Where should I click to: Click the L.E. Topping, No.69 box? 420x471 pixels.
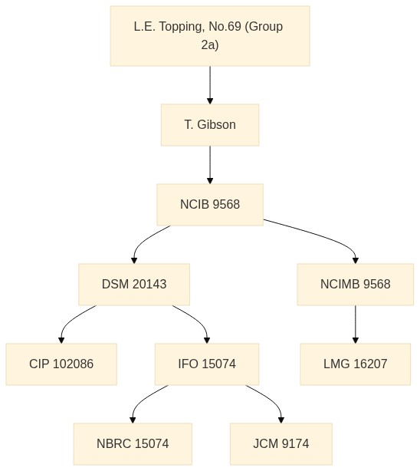tap(210, 36)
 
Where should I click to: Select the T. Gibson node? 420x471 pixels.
tap(210, 125)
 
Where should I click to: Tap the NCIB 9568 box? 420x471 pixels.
tap(210, 205)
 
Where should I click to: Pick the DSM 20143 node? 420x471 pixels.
tap(134, 285)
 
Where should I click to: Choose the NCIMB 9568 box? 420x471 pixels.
tap(355, 285)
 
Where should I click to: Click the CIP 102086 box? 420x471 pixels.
tap(61, 364)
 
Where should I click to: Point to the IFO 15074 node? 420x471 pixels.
tap(207, 364)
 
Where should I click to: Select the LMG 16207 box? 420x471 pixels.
tap(355, 364)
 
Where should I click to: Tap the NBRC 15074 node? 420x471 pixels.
tap(133, 444)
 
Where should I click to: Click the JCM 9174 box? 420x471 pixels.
tap(281, 444)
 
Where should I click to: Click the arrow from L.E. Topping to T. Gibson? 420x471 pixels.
tap(210, 85)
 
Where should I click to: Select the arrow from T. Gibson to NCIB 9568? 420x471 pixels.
tap(210, 165)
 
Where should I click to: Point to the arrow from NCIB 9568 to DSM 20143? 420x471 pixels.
tap(143, 240)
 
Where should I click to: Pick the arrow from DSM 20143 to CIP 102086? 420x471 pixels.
tap(71, 320)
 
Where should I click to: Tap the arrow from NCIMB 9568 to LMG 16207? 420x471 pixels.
tap(355, 324)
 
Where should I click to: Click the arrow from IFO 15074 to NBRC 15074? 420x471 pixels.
tap(143, 400)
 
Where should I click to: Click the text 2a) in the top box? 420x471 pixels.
tap(210, 45)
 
